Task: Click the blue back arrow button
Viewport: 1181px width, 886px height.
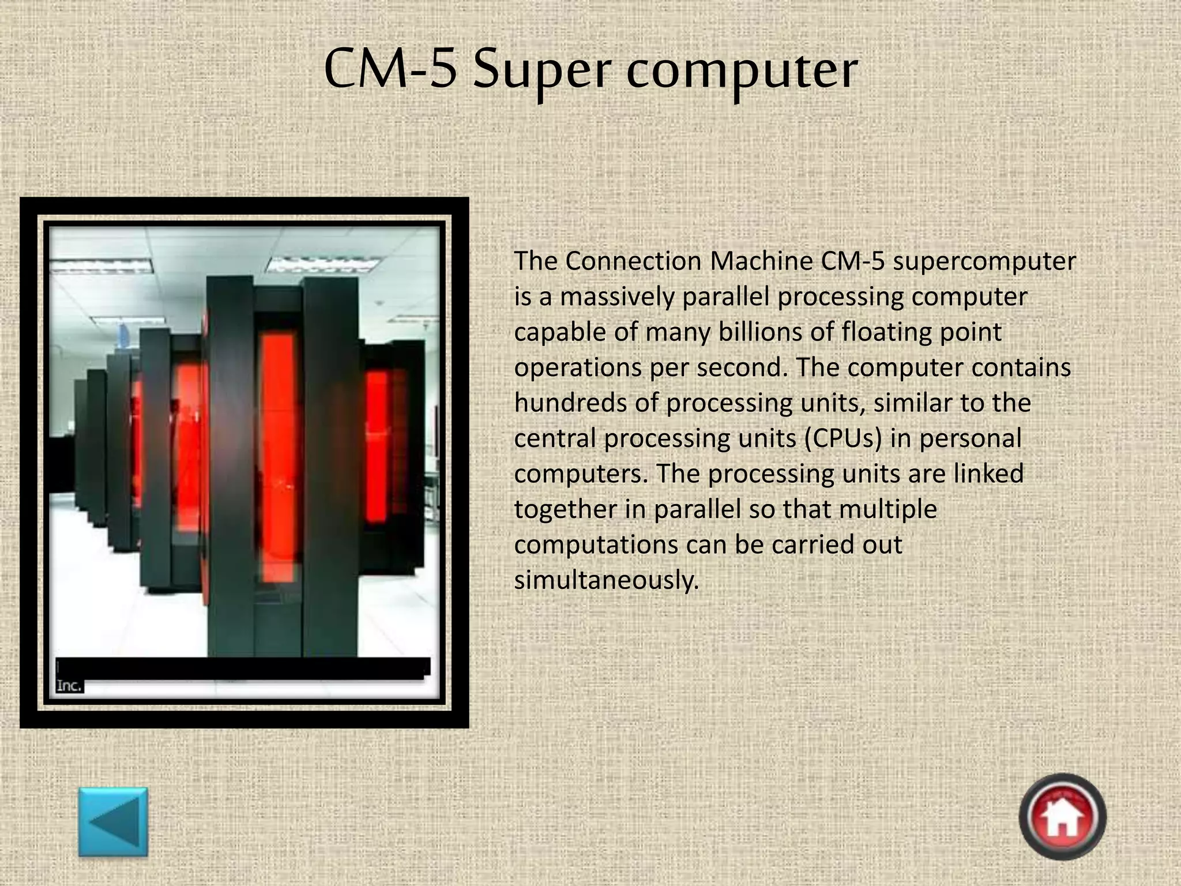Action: (x=113, y=821)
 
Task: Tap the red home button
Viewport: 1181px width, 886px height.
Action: (x=1062, y=817)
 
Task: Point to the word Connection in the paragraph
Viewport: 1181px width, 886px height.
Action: (x=633, y=261)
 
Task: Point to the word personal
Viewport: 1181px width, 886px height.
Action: (x=970, y=439)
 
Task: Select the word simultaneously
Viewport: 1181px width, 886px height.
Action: (x=606, y=580)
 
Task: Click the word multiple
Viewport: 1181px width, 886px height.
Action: (x=888, y=509)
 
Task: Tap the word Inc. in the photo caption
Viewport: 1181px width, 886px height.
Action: (x=69, y=686)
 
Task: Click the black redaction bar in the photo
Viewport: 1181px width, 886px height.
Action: (x=243, y=668)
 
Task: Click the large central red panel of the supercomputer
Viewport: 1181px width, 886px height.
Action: (x=277, y=456)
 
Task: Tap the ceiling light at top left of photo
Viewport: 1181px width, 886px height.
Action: (x=101, y=266)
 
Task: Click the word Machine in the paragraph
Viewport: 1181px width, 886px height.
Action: (x=761, y=261)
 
